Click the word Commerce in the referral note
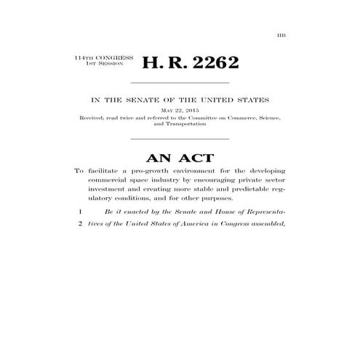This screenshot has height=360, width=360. tap(235, 116)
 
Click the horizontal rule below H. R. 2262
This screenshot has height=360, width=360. tap(179, 83)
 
